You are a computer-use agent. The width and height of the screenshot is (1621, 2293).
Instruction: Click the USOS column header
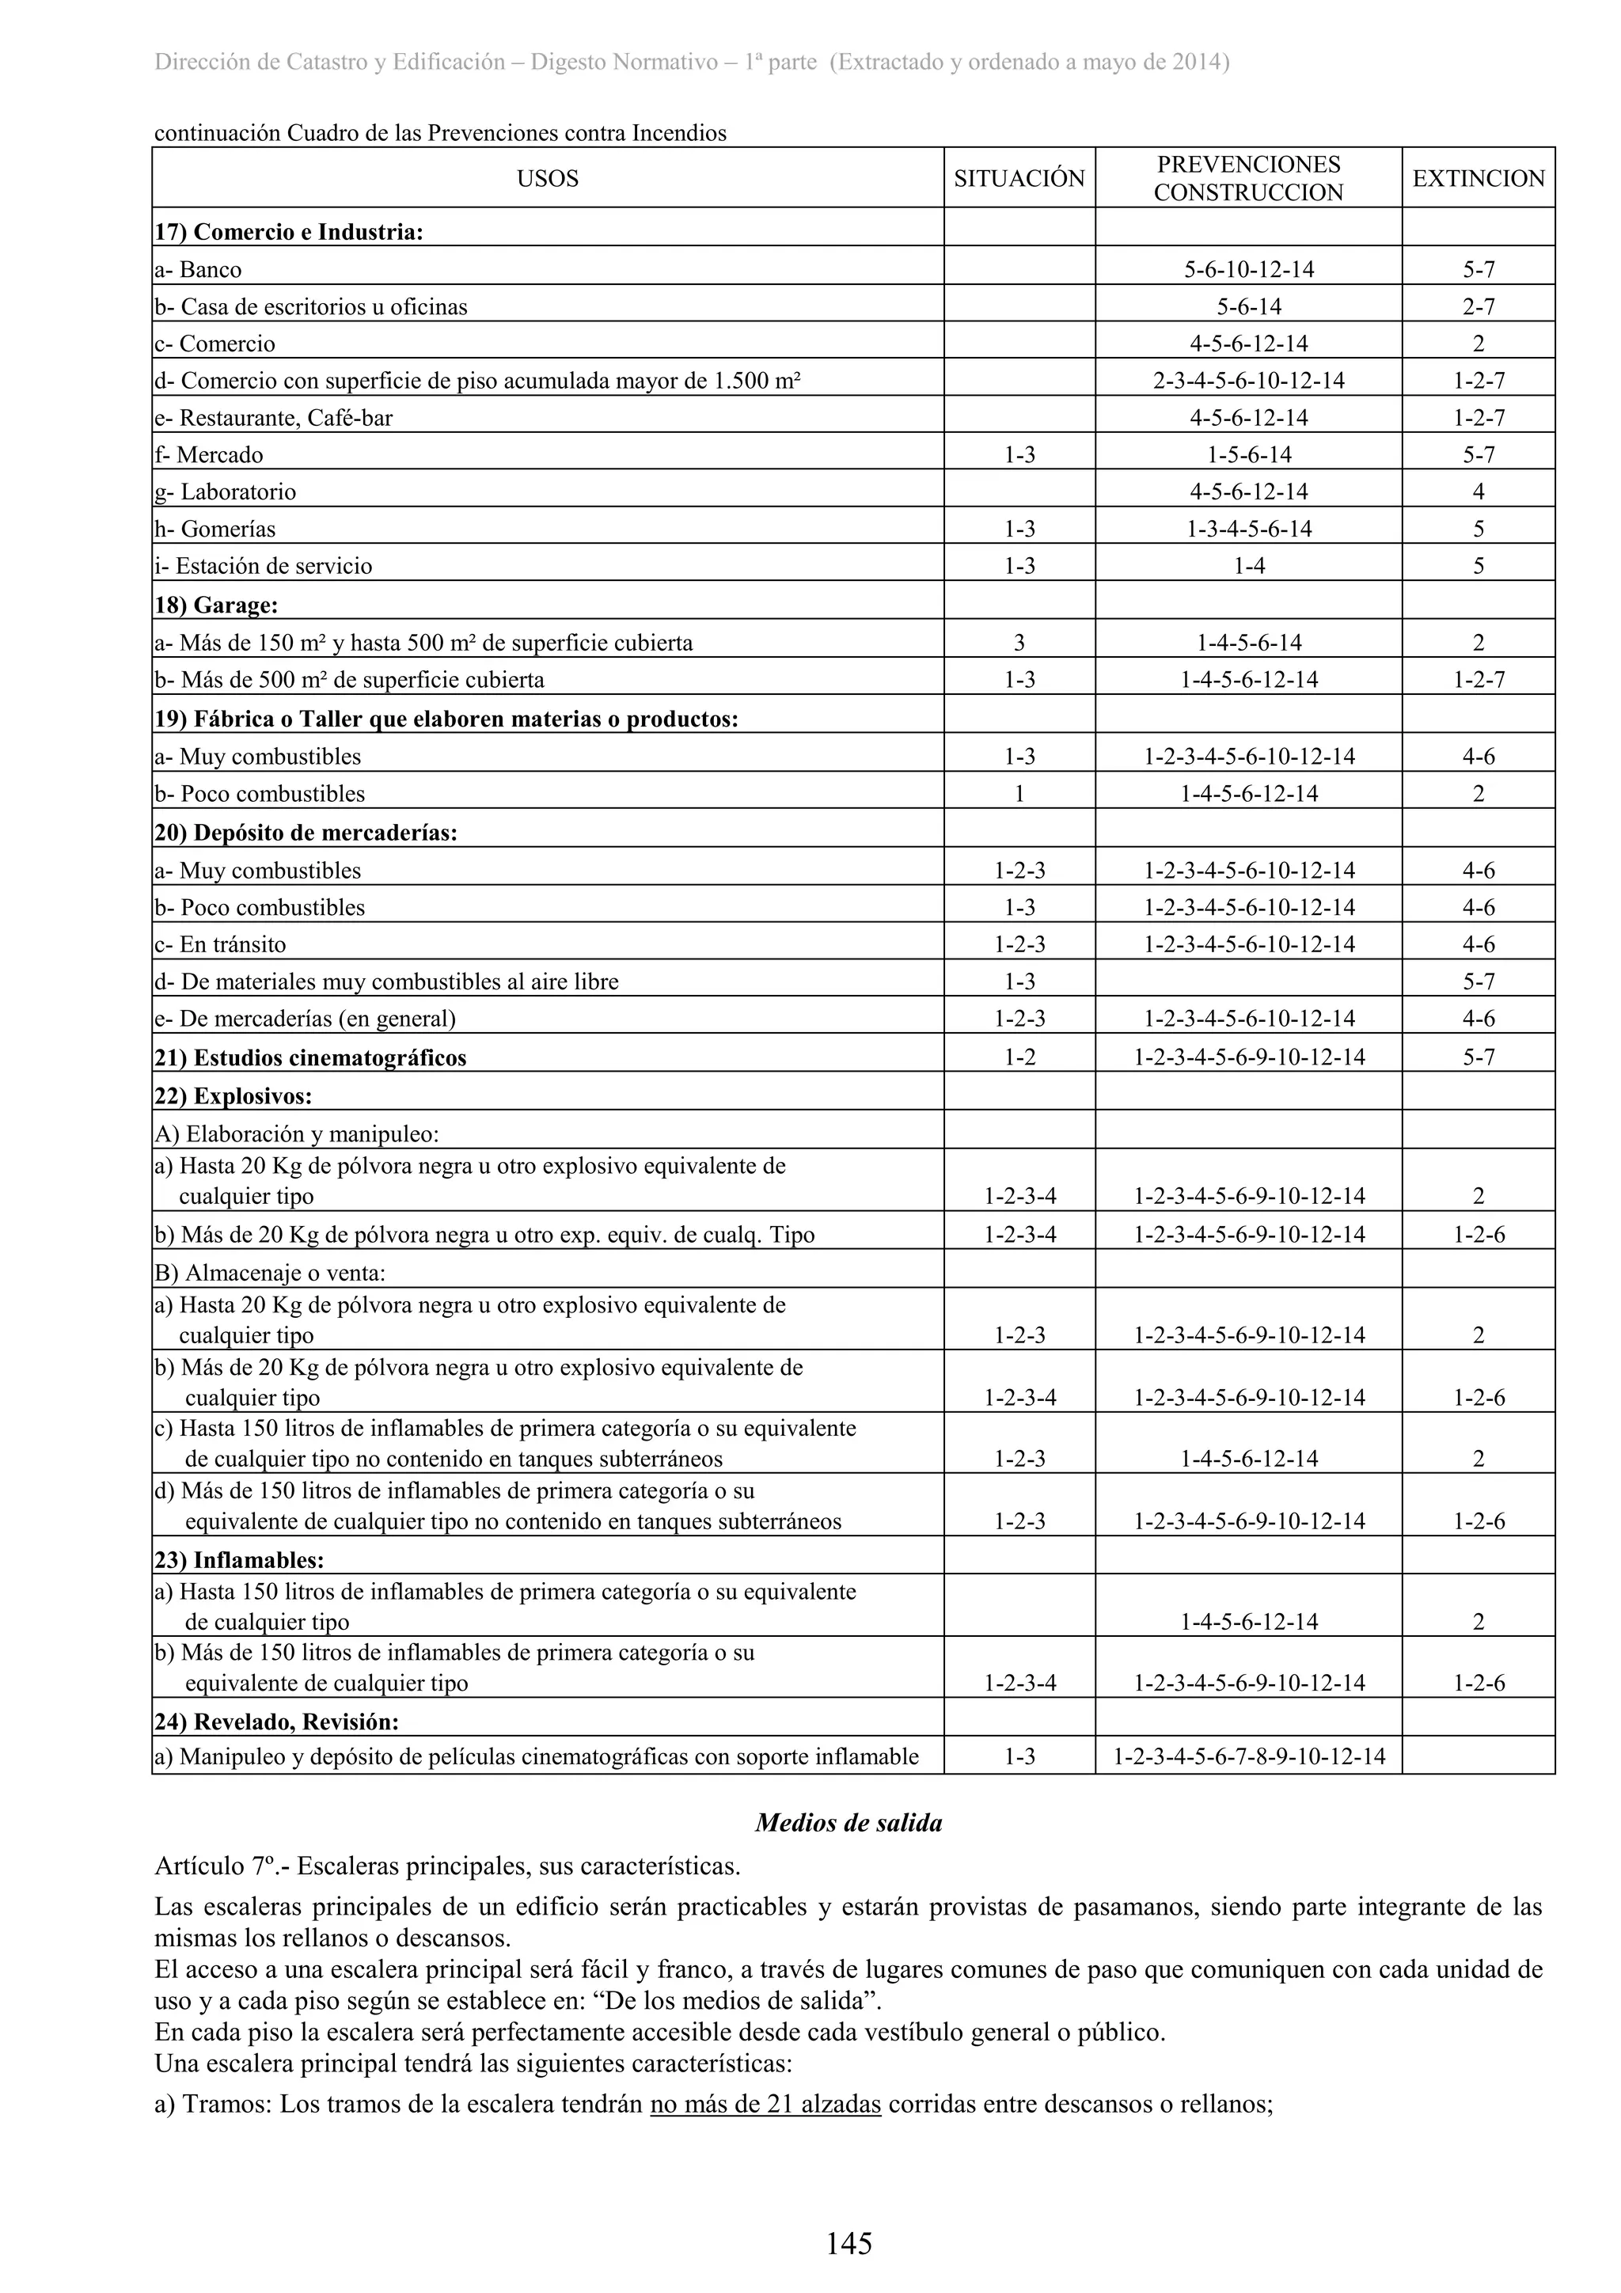[x=547, y=179]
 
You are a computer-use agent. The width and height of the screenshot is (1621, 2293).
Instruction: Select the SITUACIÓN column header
[x=1019, y=179]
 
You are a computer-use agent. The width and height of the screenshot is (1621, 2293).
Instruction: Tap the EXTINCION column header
[x=1479, y=179]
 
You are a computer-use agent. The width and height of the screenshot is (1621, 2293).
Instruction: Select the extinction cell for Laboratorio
[x=1479, y=492]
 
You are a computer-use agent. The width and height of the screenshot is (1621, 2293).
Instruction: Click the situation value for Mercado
[x=1019, y=455]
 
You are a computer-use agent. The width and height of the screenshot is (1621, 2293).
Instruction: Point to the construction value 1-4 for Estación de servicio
[x=1248, y=566]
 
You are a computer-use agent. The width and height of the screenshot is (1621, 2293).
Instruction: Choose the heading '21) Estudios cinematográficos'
[x=310, y=1057]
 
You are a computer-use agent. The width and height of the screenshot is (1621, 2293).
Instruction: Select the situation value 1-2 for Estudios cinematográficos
[x=1019, y=1057]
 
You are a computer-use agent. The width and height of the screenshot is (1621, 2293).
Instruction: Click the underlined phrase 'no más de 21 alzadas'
[x=765, y=2105]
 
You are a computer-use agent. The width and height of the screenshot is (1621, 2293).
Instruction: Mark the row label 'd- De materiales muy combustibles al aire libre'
[x=386, y=981]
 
